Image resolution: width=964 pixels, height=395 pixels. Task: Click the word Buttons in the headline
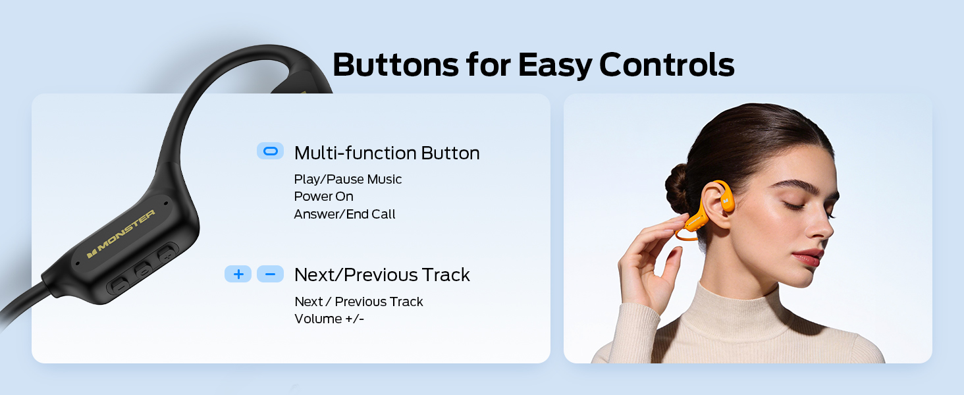click(x=396, y=65)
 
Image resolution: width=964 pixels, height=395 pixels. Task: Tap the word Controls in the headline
click(x=666, y=65)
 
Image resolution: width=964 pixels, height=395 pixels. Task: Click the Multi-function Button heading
click(x=387, y=153)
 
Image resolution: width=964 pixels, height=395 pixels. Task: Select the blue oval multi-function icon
click(x=270, y=151)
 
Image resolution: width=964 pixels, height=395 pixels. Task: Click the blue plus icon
click(x=238, y=274)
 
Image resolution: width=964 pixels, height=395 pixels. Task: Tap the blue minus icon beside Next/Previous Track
click(x=270, y=274)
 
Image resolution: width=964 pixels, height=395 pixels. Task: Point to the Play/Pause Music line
click(x=348, y=180)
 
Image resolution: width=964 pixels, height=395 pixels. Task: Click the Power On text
click(x=323, y=197)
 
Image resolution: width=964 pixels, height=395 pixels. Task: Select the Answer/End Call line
click(x=344, y=214)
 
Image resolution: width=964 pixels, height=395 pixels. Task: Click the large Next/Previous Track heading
click(x=382, y=275)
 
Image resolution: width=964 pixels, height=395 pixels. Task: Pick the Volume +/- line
click(x=329, y=319)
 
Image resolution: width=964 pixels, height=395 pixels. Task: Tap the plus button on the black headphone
click(x=167, y=254)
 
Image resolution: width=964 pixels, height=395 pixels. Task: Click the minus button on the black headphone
click(x=120, y=284)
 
